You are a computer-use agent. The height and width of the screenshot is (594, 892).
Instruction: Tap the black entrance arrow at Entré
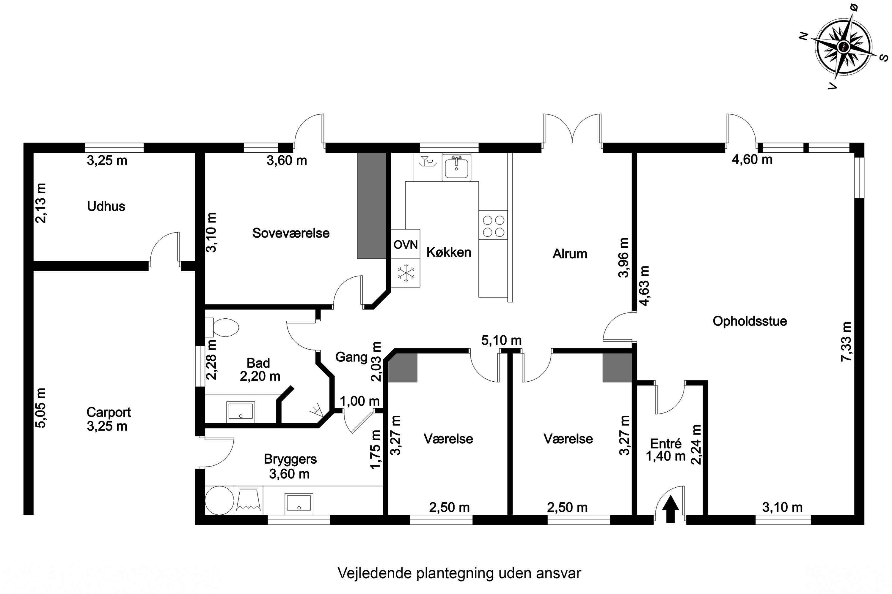tap(670, 510)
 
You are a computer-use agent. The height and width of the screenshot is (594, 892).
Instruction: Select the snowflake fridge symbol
tap(406, 273)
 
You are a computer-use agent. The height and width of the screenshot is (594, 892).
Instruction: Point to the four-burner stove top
tap(493, 225)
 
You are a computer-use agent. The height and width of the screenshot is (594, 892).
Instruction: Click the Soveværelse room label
tap(291, 233)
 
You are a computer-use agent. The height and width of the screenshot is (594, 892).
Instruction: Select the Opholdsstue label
tap(750, 321)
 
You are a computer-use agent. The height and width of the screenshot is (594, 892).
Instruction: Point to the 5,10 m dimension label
tap(501, 340)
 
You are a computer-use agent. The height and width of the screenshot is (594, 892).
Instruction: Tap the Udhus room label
tap(106, 206)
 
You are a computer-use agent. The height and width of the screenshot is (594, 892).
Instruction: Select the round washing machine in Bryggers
tap(219, 500)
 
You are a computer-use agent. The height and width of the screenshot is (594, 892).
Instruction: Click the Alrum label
tap(570, 254)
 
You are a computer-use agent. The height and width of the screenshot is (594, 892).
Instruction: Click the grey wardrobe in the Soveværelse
tap(371, 206)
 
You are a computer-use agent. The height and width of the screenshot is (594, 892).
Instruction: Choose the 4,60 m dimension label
tap(752, 159)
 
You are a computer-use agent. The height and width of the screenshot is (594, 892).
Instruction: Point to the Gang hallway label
tap(351, 357)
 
